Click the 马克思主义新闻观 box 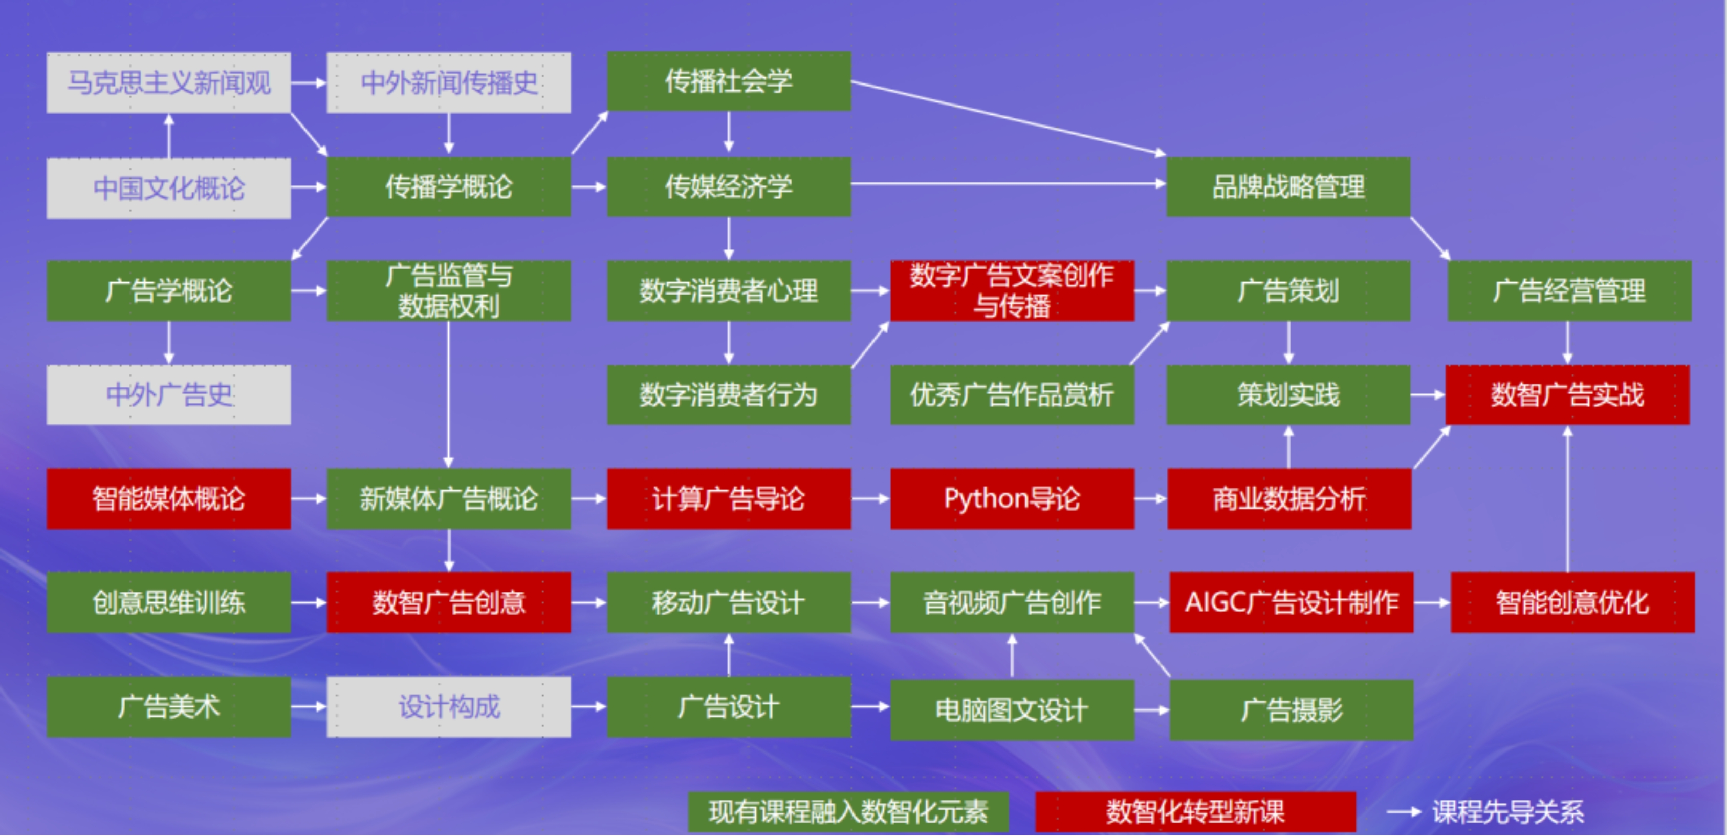[x=168, y=82]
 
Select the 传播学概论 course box [x=449, y=186]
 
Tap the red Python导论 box [x=1012, y=498]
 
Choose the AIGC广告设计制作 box [x=1291, y=602]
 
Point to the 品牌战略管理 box [x=1288, y=186]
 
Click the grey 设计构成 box [x=449, y=706]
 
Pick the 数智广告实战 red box [x=1567, y=394]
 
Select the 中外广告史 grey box [x=168, y=394]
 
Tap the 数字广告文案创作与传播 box [x=1012, y=290]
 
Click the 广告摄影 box [x=1291, y=709]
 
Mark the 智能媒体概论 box [x=168, y=498]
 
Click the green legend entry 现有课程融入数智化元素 [x=848, y=812]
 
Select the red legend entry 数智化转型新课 [x=1195, y=812]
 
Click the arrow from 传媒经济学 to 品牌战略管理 [x=1008, y=183]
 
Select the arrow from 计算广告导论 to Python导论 [x=870, y=498]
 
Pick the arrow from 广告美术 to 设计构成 [x=309, y=706]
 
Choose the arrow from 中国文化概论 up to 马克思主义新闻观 [x=169, y=136]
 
